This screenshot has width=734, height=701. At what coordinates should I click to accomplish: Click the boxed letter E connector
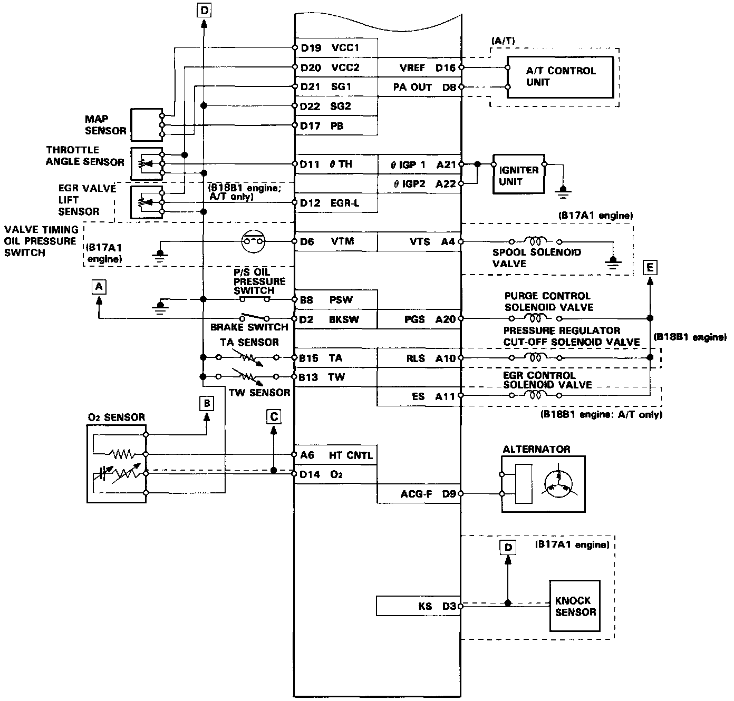(650, 268)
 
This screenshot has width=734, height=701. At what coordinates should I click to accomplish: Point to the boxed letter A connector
(99, 287)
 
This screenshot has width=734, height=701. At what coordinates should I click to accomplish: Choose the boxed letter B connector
(207, 404)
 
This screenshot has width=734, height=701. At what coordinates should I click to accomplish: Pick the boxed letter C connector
(274, 417)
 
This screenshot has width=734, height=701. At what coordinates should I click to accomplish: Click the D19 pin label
(311, 48)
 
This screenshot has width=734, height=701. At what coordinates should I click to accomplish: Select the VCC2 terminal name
(345, 67)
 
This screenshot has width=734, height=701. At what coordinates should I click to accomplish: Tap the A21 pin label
(446, 165)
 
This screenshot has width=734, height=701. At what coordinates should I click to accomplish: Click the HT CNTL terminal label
(351, 455)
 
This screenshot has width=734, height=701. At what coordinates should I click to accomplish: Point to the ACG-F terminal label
(416, 494)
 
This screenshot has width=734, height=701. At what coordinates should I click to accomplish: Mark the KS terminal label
(425, 606)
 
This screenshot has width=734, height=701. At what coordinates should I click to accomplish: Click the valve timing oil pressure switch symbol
(253, 241)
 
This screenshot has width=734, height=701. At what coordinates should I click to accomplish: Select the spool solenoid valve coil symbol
(536, 241)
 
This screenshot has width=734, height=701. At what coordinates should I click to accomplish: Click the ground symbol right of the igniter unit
(563, 191)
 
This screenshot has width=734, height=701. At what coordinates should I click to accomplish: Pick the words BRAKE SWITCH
(249, 327)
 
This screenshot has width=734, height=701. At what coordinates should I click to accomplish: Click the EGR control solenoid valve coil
(536, 395)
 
